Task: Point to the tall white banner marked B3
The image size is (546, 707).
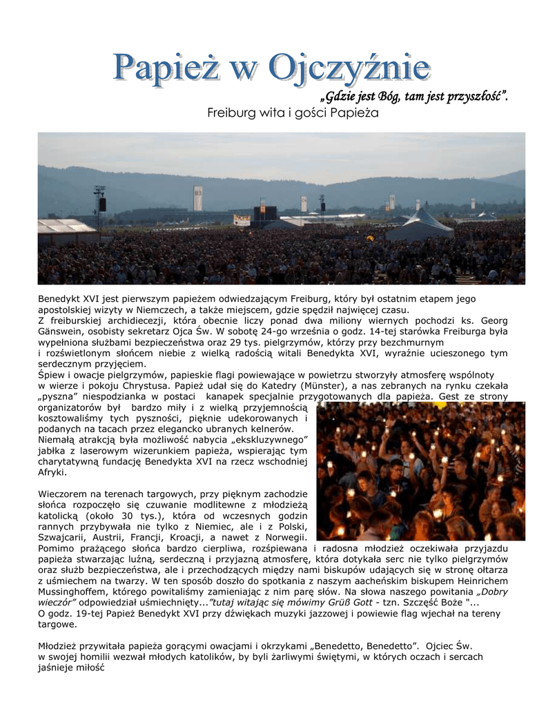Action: coord(198,197)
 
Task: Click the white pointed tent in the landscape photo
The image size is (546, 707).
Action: coord(420,223)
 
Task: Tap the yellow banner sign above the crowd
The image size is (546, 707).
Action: coord(242,220)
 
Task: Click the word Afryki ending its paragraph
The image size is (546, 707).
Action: coord(52,473)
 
